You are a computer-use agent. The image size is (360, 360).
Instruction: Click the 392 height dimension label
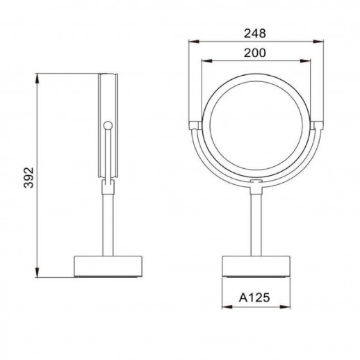coord(29,178)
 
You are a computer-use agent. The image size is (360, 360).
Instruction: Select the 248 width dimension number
coord(255,33)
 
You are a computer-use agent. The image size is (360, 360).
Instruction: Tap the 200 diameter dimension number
coord(255,53)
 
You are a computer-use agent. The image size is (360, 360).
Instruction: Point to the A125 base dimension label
coord(254,297)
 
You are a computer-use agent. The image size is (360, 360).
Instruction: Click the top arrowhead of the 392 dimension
coord(37,79)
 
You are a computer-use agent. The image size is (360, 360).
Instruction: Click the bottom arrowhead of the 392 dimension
coord(37,272)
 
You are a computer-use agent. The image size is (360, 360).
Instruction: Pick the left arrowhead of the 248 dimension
coord(194,42)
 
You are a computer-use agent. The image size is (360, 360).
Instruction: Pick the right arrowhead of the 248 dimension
coord(318,42)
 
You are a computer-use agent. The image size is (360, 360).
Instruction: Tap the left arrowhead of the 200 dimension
coord(207,61)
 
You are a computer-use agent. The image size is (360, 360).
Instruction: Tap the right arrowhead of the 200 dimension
coord(305,61)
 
